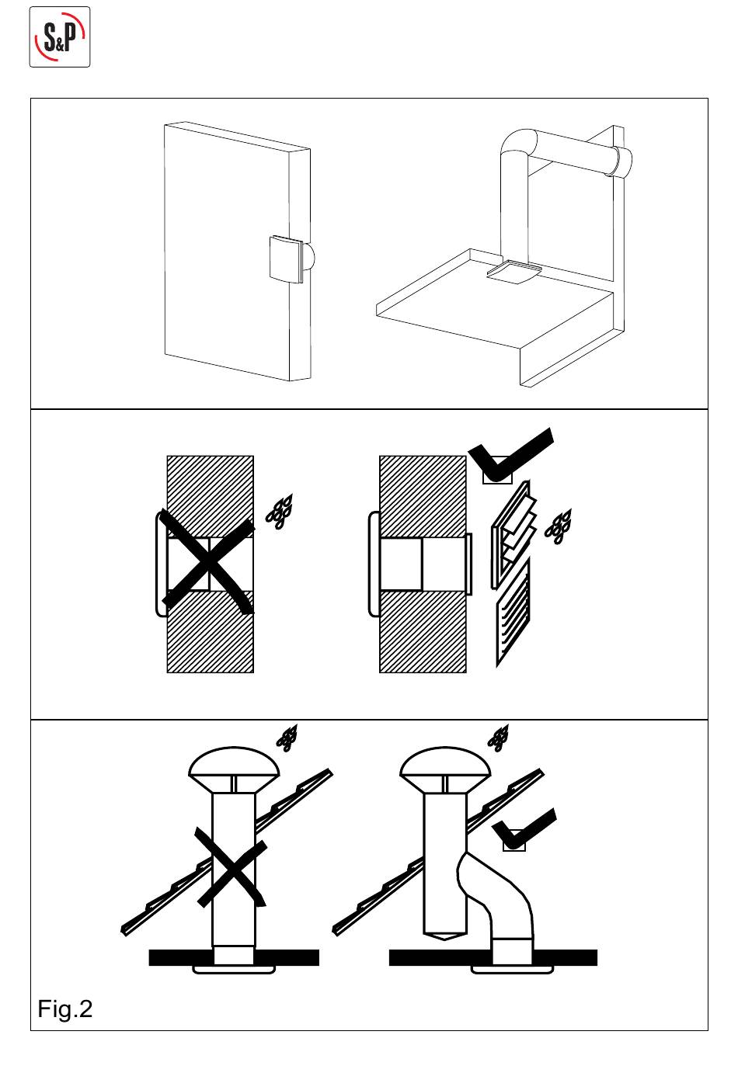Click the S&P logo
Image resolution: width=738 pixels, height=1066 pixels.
[60, 36]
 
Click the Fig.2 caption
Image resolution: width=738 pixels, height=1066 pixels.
[65, 1009]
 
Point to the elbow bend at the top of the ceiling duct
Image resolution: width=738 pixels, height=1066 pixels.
[518, 148]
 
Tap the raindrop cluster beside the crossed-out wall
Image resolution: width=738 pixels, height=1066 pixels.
[280, 510]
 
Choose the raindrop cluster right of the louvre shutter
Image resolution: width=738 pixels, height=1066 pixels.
[558, 526]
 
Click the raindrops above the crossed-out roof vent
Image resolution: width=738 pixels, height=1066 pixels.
[288, 738]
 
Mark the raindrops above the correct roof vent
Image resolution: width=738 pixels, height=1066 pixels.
[499, 738]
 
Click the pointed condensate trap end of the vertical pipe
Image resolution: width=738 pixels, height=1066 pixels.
[444, 935]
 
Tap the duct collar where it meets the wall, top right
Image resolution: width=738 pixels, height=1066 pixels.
[621, 161]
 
